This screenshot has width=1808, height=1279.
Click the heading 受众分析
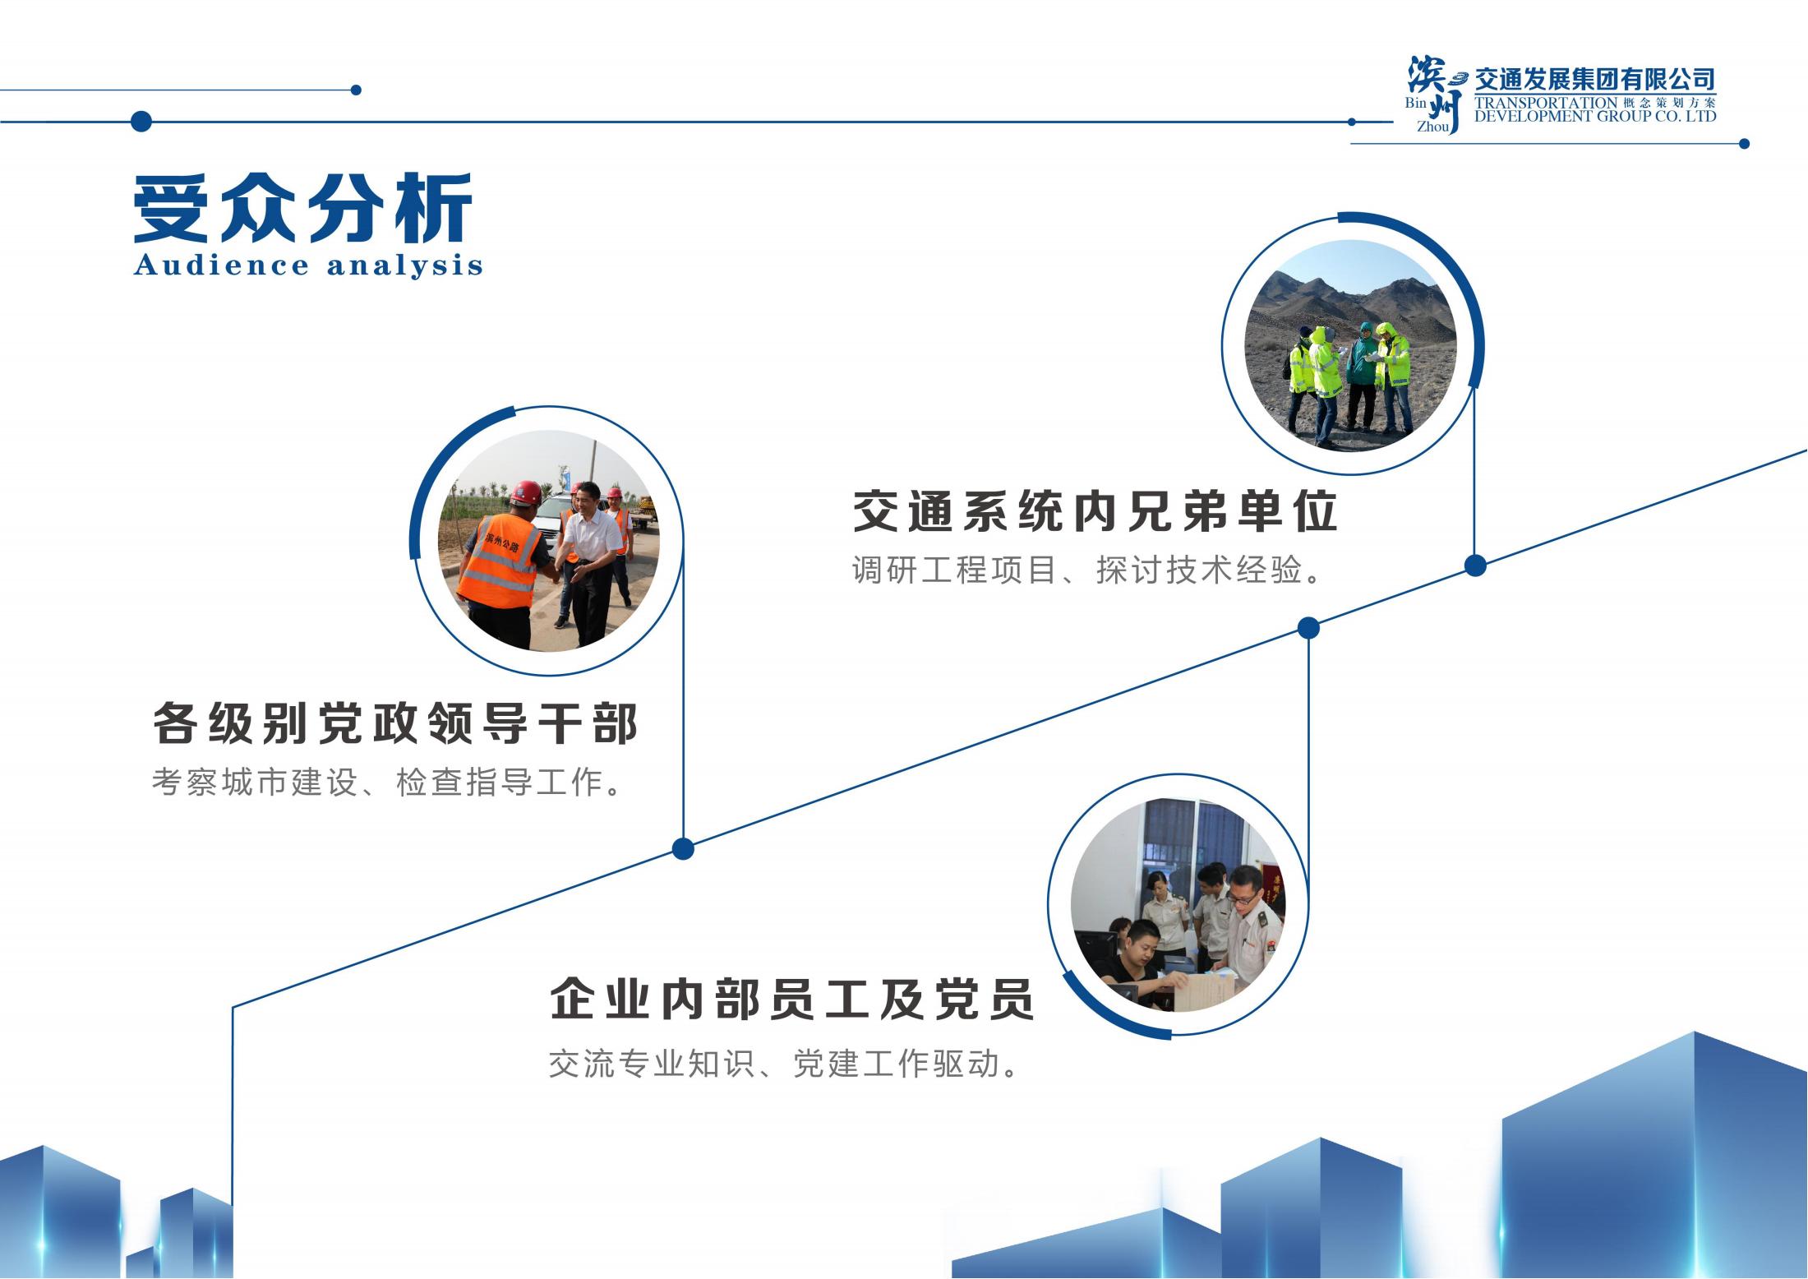point(303,209)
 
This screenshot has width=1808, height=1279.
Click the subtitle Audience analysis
point(308,265)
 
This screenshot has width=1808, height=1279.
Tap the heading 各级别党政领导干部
point(395,723)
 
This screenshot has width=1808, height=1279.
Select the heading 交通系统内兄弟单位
point(1095,511)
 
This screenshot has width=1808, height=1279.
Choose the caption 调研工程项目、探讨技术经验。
point(1088,570)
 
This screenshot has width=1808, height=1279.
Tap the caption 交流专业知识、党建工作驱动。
point(785,1064)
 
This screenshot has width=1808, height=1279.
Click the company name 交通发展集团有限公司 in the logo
point(1594,80)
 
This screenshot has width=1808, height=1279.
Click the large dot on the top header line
point(141,122)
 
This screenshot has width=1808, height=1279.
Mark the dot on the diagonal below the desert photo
point(1475,566)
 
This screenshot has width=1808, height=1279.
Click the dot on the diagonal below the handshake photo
point(683,849)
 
